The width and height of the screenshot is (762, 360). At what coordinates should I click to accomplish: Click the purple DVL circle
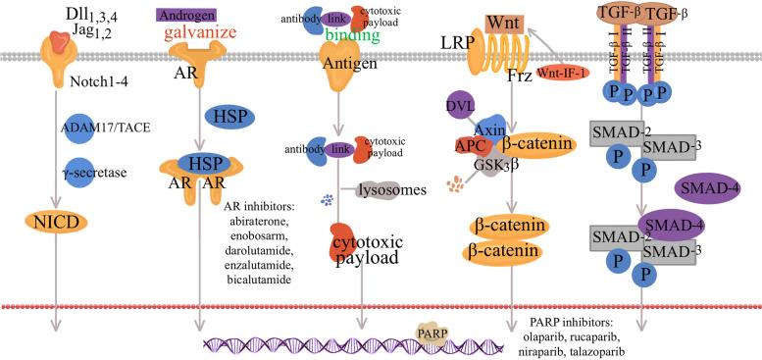(462, 106)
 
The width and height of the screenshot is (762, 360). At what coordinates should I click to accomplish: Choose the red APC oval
(471, 145)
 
